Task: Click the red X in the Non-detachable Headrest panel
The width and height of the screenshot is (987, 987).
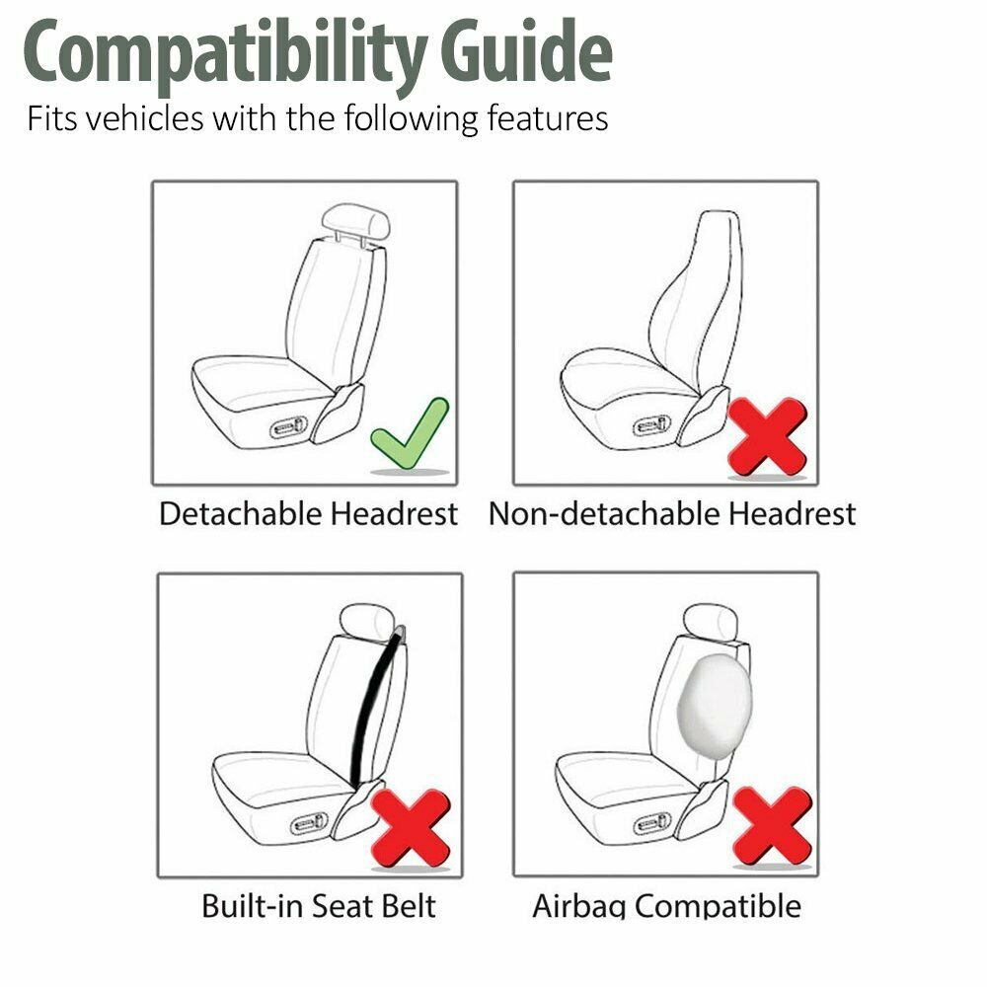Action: pos(767,434)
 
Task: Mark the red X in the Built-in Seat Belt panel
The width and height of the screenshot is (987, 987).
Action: pos(411,827)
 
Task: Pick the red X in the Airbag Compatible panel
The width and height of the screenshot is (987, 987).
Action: pos(772,825)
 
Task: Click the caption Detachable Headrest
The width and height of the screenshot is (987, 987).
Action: pos(308,514)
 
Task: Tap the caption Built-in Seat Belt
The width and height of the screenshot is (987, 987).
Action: pos(318,905)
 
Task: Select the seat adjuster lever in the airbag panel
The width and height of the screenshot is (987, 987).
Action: pos(653,821)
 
